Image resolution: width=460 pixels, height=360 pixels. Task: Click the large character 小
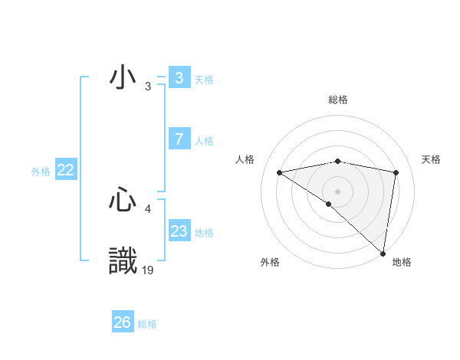pyautogui.click(x=123, y=80)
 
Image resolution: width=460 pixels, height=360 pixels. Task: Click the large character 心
pyautogui.click(x=123, y=200)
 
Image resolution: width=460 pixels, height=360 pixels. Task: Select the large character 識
pyautogui.click(x=123, y=260)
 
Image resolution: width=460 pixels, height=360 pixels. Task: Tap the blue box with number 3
pyautogui.click(x=179, y=78)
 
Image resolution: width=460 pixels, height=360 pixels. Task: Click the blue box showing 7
pyautogui.click(x=179, y=139)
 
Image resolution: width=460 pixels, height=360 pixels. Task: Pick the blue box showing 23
pyautogui.click(x=179, y=231)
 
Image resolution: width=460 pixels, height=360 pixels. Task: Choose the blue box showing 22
pyautogui.click(x=65, y=171)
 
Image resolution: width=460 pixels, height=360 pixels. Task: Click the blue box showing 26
pyautogui.click(x=122, y=322)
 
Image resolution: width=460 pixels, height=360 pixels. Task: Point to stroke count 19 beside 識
pyautogui.click(x=148, y=270)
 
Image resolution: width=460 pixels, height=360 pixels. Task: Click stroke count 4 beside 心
pyautogui.click(x=148, y=208)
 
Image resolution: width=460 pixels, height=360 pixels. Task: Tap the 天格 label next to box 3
pyautogui.click(x=204, y=80)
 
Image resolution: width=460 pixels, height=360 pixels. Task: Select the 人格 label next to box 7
pyautogui.click(x=204, y=141)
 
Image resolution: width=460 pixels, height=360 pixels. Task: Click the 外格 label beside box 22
pyautogui.click(x=41, y=172)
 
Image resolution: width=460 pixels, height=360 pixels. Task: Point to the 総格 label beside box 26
pyautogui.click(x=148, y=324)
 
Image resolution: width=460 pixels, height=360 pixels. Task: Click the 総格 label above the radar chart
pyautogui.click(x=338, y=100)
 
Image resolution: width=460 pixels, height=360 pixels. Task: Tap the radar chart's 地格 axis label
pyautogui.click(x=402, y=262)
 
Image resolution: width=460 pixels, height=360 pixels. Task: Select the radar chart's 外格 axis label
pyautogui.click(x=270, y=262)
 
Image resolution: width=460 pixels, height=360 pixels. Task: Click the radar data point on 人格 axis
pyautogui.click(x=280, y=172)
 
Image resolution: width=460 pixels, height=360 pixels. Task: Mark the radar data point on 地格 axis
pyautogui.click(x=383, y=254)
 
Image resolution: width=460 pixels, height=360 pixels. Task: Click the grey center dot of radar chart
pyautogui.click(x=337, y=191)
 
